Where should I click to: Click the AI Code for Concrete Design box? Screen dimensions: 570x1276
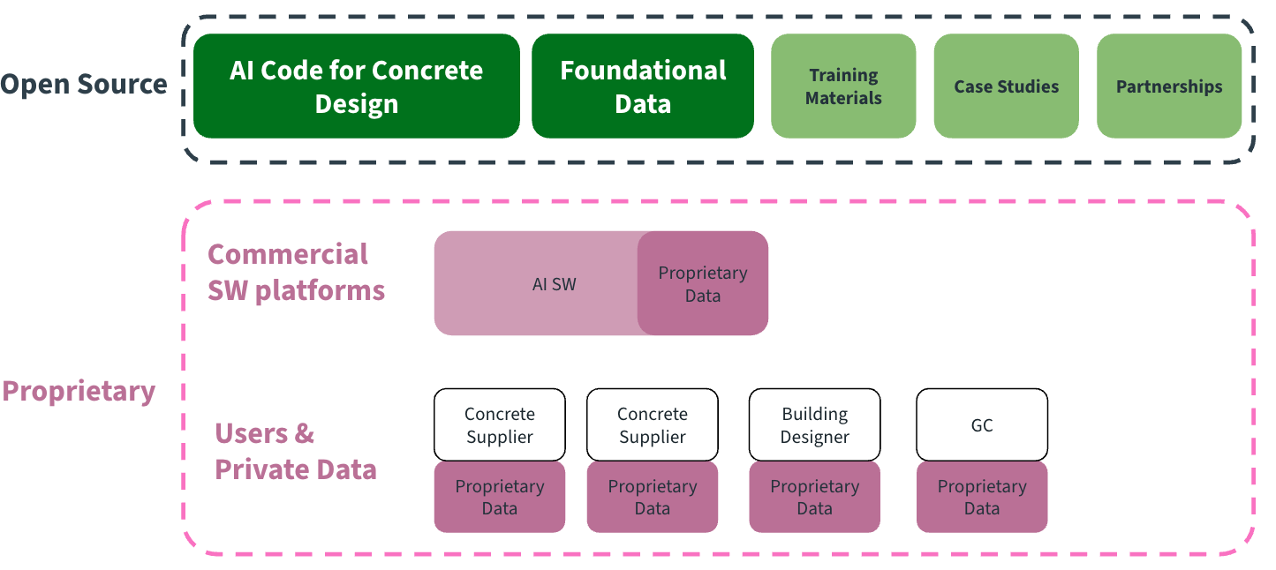356,86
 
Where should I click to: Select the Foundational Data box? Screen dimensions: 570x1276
643,86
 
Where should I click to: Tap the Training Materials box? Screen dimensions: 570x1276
843,86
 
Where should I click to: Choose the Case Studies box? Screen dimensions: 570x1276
1006,86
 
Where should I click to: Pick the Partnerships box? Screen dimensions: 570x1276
1168,86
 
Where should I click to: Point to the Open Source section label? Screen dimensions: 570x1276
84,85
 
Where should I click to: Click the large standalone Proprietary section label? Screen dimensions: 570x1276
79,391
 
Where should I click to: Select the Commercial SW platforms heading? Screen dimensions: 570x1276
296,272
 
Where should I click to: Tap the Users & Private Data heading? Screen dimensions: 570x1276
295,451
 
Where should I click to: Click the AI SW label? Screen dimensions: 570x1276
554,284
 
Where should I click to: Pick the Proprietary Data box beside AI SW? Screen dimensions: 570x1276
703,284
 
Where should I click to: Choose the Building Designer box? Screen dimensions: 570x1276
814,425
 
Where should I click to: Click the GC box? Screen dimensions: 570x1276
982,425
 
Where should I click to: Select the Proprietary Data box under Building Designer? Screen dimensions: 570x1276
814,498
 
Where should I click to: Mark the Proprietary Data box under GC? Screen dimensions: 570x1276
982,498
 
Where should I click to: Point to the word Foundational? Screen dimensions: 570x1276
643,71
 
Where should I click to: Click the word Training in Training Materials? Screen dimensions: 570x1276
843,76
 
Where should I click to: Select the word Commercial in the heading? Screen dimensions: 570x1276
287,254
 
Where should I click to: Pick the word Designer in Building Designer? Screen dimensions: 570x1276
814,437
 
